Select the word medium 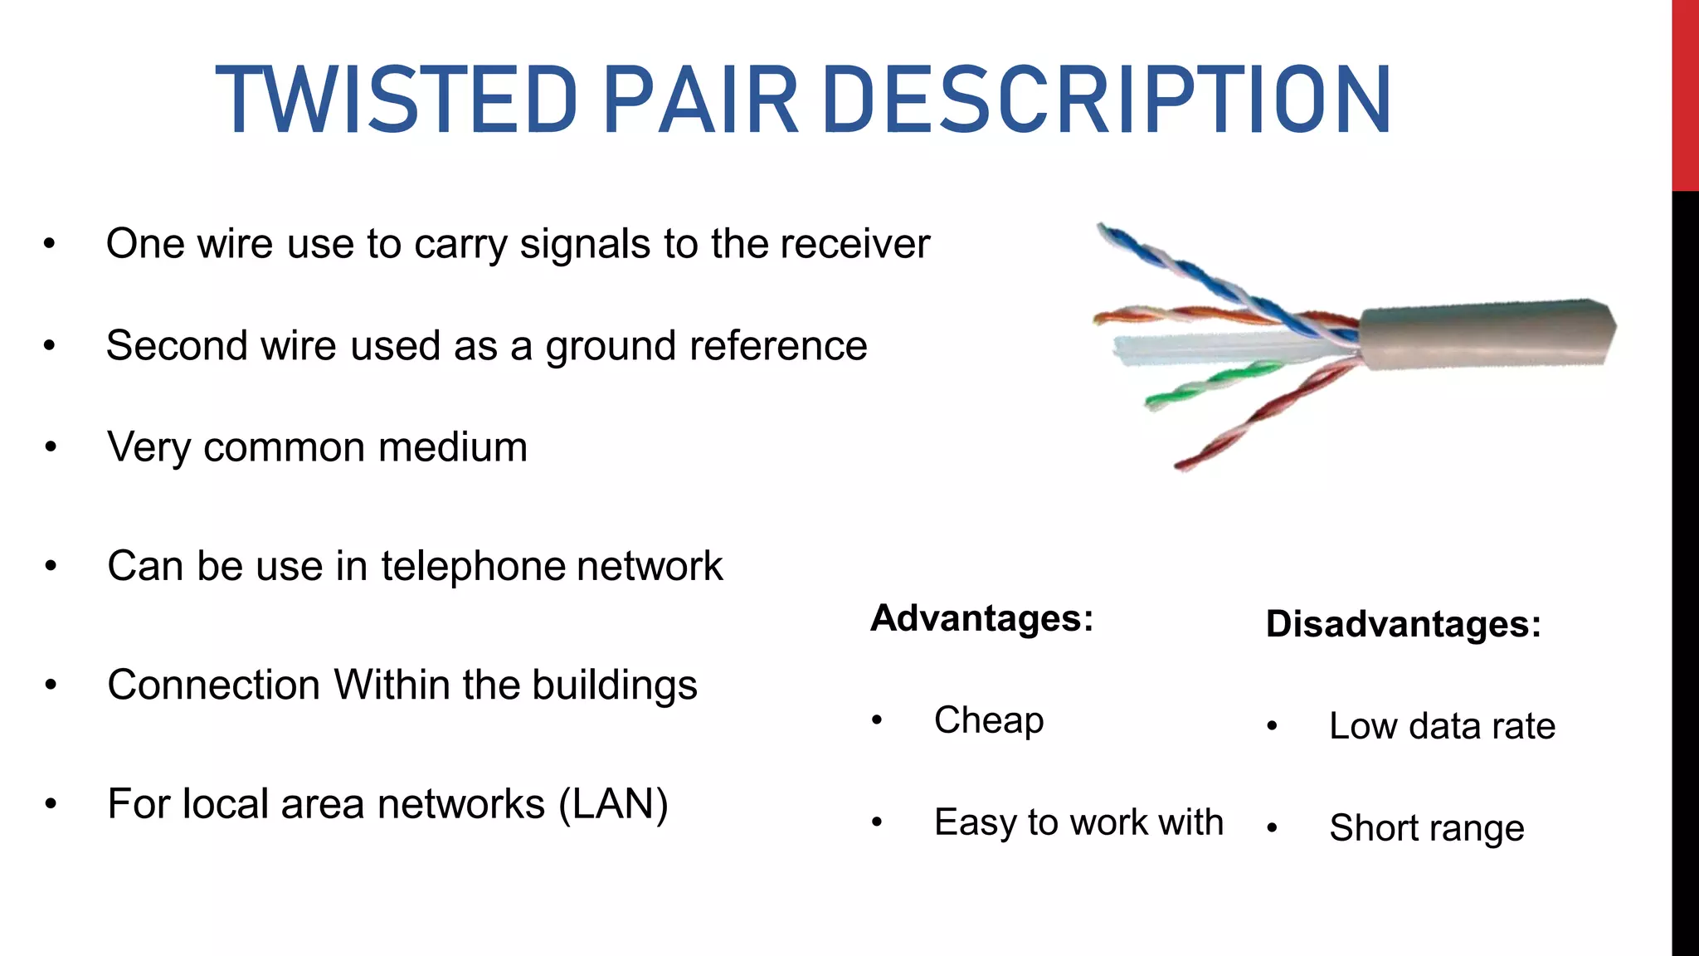click(x=452, y=447)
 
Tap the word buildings click(x=614, y=686)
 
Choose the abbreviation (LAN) click(x=613, y=804)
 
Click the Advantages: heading click(x=982, y=618)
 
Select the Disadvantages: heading click(x=1403, y=624)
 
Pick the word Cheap click(x=989, y=720)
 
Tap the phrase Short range click(x=1427, y=828)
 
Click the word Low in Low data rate click(x=1362, y=726)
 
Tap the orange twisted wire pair click(x=1178, y=315)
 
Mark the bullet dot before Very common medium click(x=51, y=448)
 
